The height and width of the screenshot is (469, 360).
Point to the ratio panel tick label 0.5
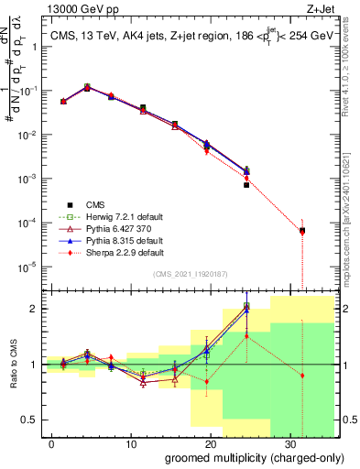[28, 420]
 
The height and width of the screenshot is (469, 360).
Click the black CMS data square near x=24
[246, 185]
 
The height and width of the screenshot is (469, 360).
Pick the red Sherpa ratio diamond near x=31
[302, 376]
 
